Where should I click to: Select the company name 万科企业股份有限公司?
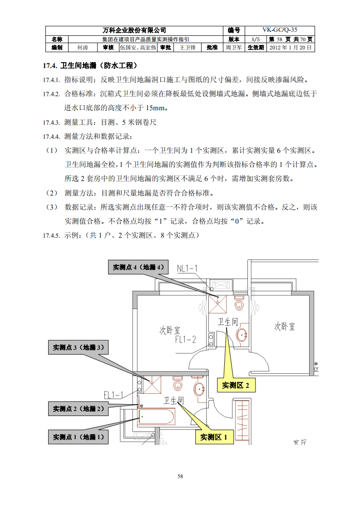click(135, 30)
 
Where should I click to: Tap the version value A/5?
click(256, 39)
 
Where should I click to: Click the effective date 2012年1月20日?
click(291, 47)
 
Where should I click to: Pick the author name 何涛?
click(83, 47)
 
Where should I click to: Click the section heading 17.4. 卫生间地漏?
click(90, 66)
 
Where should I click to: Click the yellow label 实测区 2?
click(236, 385)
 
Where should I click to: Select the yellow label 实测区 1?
click(214, 437)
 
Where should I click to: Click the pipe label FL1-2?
click(186, 339)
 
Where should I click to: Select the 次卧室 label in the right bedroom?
click(285, 326)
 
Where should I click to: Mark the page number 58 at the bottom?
click(180, 476)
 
